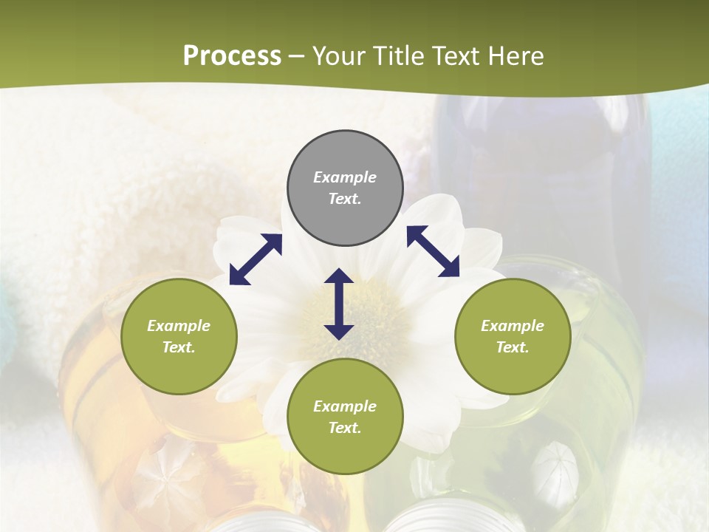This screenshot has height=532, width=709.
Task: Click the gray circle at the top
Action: point(345,188)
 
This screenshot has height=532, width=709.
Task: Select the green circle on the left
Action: point(179,336)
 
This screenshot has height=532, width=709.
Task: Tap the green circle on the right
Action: point(513,336)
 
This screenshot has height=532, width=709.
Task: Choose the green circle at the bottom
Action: point(345,417)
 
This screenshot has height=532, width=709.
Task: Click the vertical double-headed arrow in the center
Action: point(339,304)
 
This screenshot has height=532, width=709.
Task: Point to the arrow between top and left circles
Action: point(256,259)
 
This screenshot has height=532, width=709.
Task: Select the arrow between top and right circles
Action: point(433,251)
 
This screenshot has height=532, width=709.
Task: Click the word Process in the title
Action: point(232,56)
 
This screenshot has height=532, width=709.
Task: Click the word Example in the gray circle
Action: point(345,177)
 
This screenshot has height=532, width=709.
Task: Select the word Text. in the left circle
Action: point(179,347)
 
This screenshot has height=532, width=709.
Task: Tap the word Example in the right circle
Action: point(513,326)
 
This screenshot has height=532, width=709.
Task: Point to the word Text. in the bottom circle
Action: point(345,428)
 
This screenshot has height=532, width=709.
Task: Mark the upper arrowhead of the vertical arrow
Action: point(339,276)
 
